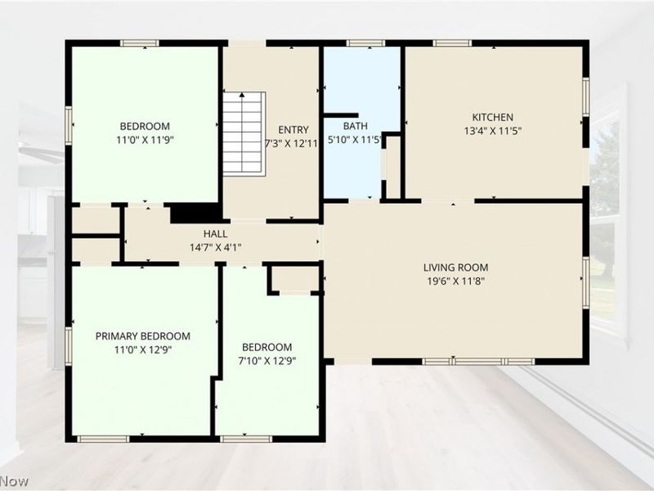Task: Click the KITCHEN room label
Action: point(493,117)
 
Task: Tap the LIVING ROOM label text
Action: point(455,268)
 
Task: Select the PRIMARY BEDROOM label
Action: point(142,336)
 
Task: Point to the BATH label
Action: point(356,126)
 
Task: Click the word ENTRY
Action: point(293,130)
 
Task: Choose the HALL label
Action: point(215,234)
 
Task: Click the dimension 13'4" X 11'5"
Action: point(493,131)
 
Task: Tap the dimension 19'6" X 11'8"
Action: point(455,281)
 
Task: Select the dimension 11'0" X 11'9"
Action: point(145,139)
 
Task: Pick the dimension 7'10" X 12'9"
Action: point(267,361)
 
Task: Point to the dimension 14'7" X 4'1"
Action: point(215,248)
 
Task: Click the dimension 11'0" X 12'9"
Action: point(143,349)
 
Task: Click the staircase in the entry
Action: point(244,133)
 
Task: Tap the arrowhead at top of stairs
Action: point(242,95)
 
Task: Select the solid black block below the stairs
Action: point(195,213)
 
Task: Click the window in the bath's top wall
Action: point(365,43)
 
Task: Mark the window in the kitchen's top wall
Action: point(452,43)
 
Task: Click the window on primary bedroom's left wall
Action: point(69,346)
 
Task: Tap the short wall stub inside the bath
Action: point(341,115)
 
